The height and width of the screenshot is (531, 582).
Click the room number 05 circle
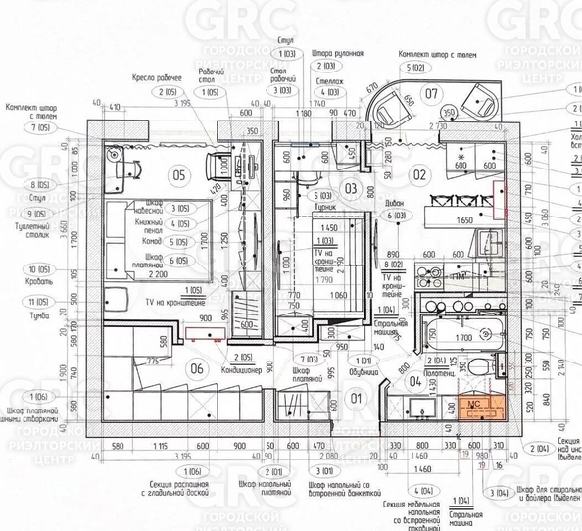tap(179, 175)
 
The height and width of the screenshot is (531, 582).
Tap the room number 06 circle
tap(197, 368)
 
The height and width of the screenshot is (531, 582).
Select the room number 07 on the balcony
tap(431, 94)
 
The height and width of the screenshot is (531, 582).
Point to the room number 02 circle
tap(422, 175)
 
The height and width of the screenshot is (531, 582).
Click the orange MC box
tap(471, 406)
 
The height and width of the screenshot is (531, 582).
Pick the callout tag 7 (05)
tap(17, 128)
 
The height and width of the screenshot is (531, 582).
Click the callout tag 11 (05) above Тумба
tap(17, 302)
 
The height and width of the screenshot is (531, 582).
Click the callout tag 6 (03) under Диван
tap(396, 215)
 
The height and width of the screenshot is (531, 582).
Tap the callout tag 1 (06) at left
tap(17, 394)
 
